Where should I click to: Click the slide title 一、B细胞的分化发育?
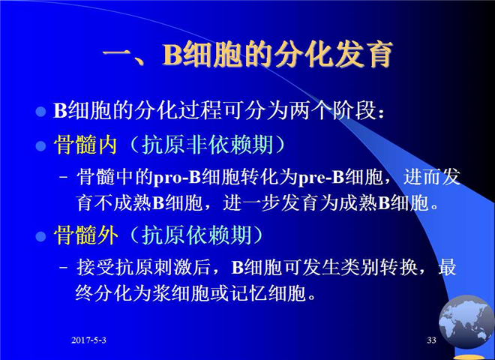(247, 54)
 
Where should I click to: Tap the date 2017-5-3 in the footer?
(88, 340)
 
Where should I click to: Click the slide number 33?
(431, 340)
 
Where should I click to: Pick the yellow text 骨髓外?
(85, 235)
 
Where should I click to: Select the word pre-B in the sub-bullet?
(321, 178)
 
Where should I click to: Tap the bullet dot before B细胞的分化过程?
(40, 112)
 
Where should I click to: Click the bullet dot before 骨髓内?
(40, 146)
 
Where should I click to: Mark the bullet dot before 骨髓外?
(40, 236)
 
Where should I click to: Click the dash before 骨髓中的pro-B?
(64, 177)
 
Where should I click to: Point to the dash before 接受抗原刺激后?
(64, 267)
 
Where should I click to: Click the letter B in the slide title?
(172, 55)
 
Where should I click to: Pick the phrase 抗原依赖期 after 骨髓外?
(196, 235)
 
